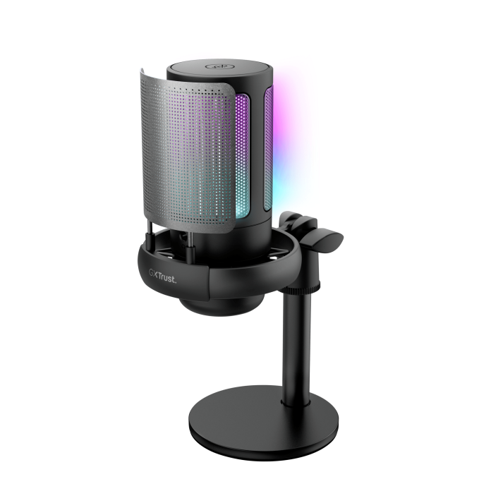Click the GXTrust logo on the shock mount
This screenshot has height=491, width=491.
(x=162, y=277)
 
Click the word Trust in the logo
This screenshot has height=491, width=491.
(x=167, y=277)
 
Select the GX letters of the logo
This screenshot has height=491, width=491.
(x=153, y=274)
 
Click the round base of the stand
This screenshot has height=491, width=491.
(x=264, y=423)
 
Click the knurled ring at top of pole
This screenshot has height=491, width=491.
(x=301, y=286)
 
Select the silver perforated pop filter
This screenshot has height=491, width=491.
(x=188, y=154)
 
